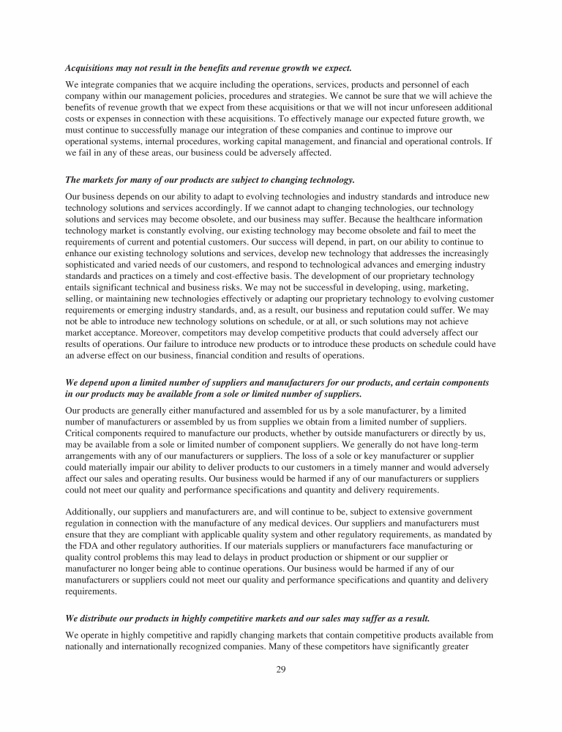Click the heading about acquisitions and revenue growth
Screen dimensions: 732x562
(209, 68)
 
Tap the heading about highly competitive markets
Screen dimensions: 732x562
(247, 618)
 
